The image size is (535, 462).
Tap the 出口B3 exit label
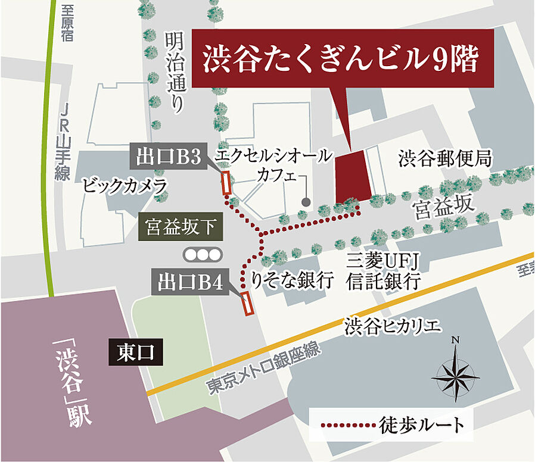[x=167, y=157]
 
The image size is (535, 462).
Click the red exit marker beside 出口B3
[x=226, y=183]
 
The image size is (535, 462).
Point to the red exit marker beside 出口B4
[x=247, y=304]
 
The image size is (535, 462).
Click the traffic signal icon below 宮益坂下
[x=203, y=254]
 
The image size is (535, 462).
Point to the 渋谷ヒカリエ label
[x=393, y=326]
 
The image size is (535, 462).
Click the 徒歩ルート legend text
[x=421, y=425]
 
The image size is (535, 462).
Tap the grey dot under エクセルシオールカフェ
[x=306, y=202]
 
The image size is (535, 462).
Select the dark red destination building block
[x=353, y=177]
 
